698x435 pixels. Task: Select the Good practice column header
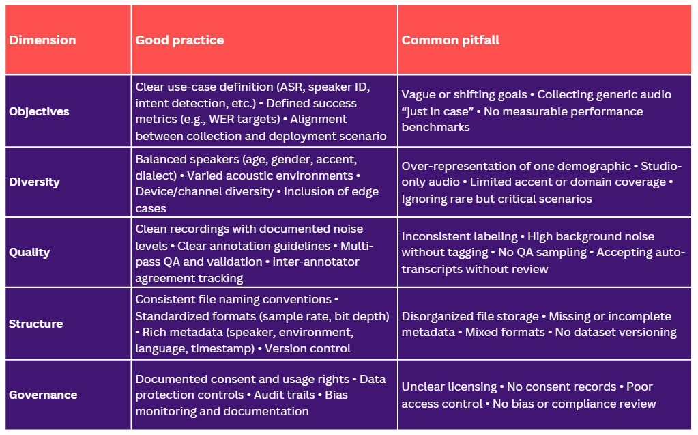pyautogui.click(x=179, y=40)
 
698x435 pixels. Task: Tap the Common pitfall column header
pyautogui.click(x=450, y=40)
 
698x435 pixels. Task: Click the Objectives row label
pyautogui.click(x=39, y=111)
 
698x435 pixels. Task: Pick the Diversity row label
pyautogui.click(x=34, y=182)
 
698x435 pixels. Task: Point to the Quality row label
pyautogui.click(x=29, y=253)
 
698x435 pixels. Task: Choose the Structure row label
pyautogui.click(x=35, y=324)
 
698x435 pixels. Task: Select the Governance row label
pyautogui.click(x=43, y=395)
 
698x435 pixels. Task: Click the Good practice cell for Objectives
pyautogui.click(x=263, y=111)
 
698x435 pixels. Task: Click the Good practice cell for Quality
pyautogui.click(x=263, y=253)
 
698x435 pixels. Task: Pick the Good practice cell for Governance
pyautogui.click(x=263, y=395)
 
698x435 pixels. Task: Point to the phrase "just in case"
pyautogui.click(x=434, y=111)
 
